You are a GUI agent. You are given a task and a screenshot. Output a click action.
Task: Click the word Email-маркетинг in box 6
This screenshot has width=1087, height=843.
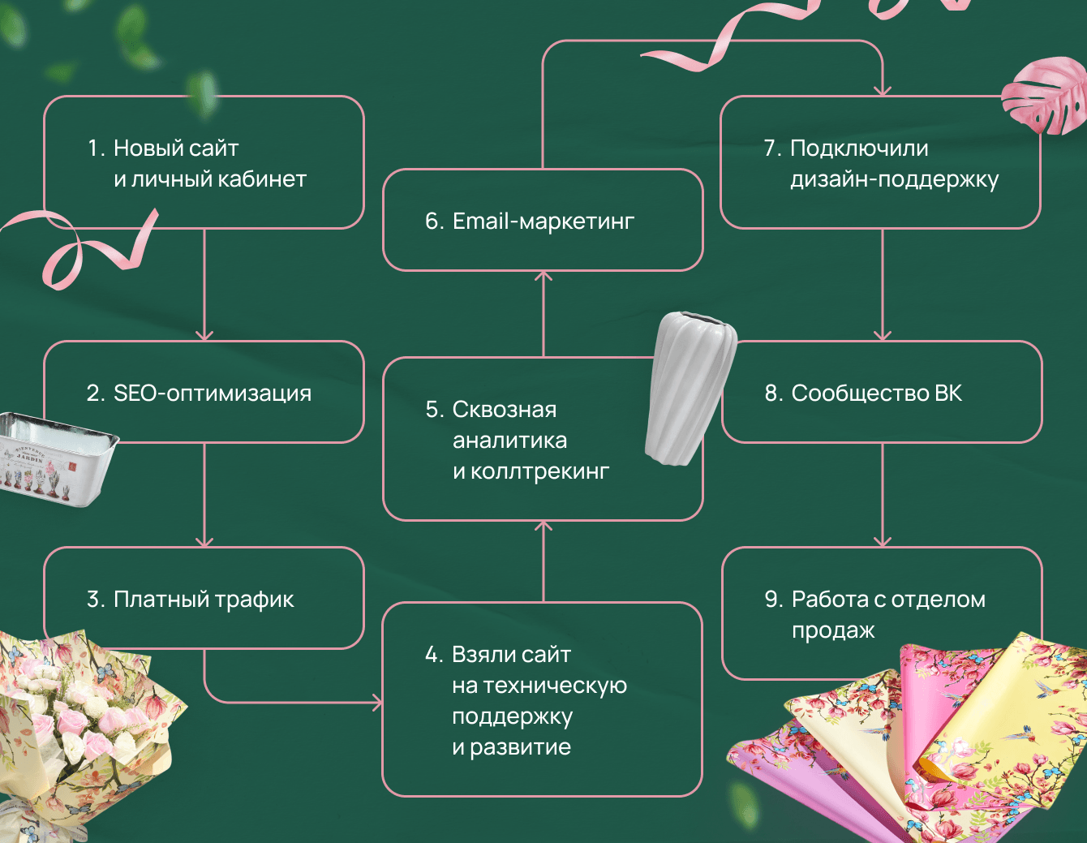[x=543, y=221]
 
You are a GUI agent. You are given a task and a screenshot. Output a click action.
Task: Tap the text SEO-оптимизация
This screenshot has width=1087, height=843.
[x=213, y=393]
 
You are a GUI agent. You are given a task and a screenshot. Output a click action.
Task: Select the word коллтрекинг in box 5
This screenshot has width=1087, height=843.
[x=539, y=471]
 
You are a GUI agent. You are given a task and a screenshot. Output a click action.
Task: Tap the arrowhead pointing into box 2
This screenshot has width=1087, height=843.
[x=204, y=335]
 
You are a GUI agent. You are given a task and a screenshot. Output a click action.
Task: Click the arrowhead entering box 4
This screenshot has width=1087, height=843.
[x=376, y=702]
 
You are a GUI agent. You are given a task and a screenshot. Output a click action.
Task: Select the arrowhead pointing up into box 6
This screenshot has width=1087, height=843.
[x=543, y=277]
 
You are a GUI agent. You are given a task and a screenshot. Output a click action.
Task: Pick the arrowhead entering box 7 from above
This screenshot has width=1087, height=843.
[x=883, y=91]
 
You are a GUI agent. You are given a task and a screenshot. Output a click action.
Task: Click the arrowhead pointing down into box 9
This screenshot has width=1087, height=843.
[x=883, y=541]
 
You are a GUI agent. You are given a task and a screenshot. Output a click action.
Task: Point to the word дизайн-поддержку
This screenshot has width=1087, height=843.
[x=894, y=179]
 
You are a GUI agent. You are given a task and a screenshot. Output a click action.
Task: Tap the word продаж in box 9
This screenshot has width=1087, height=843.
[x=833, y=631]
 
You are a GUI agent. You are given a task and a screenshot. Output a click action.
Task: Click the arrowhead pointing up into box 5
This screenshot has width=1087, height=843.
[x=543, y=527]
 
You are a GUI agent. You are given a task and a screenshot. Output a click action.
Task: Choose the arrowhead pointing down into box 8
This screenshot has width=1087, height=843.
[x=883, y=335]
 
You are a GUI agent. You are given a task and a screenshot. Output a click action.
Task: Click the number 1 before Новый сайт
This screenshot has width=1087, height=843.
[x=94, y=148]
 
